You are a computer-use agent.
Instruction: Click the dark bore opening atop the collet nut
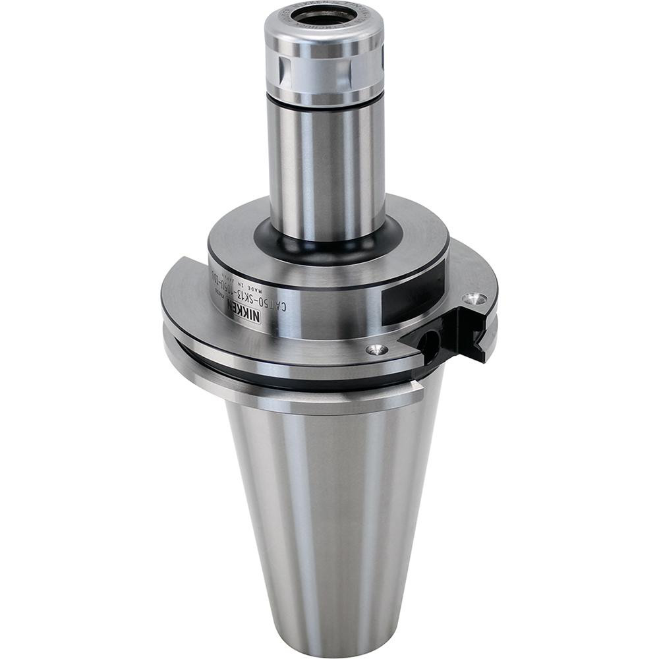click(x=324, y=16)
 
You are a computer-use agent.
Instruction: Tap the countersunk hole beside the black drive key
click(x=474, y=299)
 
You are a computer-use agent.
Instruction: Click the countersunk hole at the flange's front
click(x=376, y=350)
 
